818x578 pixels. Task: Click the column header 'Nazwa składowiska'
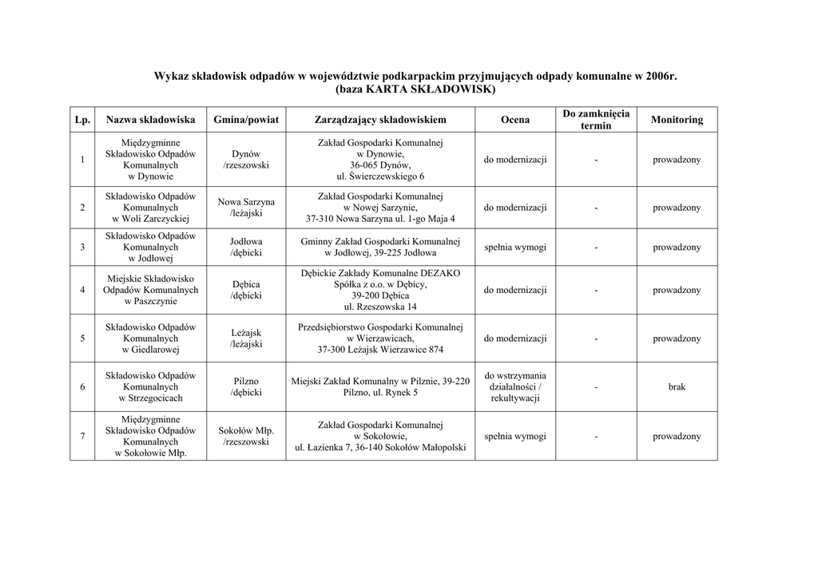click(x=150, y=120)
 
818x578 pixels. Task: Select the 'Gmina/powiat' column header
click(x=246, y=120)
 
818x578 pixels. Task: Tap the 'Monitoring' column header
click(x=677, y=120)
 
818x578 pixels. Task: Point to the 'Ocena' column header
click(x=515, y=120)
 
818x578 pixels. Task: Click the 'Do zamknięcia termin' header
click(x=596, y=120)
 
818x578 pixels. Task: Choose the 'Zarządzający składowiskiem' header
click(x=380, y=120)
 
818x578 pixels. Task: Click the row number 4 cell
click(x=82, y=290)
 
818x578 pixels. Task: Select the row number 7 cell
click(x=82, y=437)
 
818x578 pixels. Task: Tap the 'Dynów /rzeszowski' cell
click(x=246, y=160)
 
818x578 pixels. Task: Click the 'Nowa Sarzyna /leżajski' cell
click(x=246, y=208)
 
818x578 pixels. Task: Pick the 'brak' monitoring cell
click(x=677, y=387)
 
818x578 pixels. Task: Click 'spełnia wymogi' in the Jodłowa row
click(x=515, y=247)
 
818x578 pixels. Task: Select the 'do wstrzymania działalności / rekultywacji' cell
click(x=515, y=387)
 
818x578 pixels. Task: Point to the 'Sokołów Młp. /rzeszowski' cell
click(x=246, y=437)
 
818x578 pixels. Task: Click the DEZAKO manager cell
click(x=380, y=290)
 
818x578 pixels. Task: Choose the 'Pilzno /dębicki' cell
click(x=246, y=387)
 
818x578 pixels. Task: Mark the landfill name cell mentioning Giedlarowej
click(x=150, y=338)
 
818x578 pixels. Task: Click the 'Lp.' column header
click(x=82, y=120)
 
